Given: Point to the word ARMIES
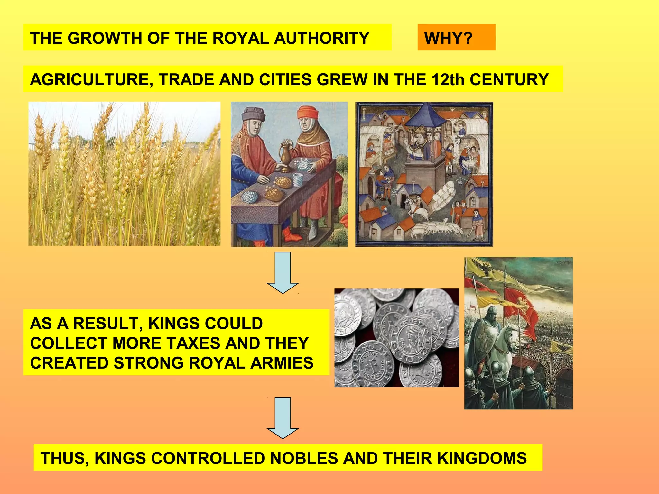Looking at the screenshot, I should [x=282, y=363].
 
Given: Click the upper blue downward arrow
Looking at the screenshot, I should [x=283, y=272].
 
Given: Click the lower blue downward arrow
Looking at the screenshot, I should [x=283, y=418].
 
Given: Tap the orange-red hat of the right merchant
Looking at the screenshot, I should [x=308, y=113].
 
